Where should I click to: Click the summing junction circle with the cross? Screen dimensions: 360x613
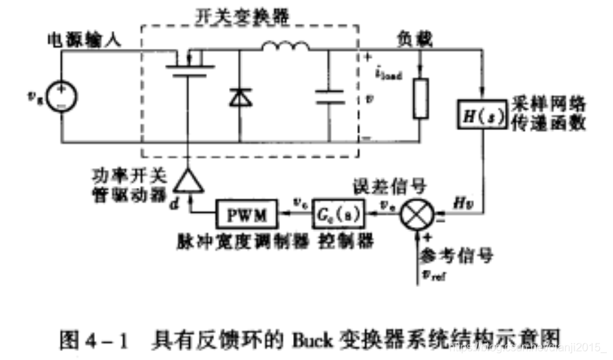[x=416, y=215]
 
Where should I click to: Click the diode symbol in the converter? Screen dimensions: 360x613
[x=239, y=98]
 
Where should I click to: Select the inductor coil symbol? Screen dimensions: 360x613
[x=285, y=46]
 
